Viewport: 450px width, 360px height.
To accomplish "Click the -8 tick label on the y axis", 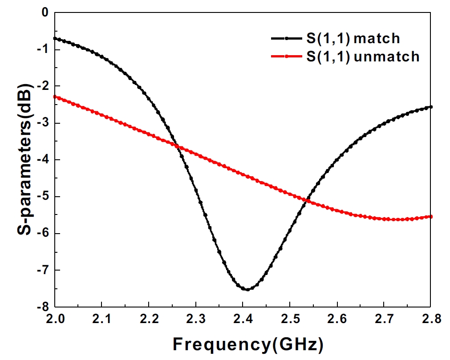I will [x=43, y=307].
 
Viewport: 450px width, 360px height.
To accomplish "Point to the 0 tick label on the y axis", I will [x=45, y=13].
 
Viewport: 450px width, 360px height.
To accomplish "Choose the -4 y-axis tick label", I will [x=43, y=160].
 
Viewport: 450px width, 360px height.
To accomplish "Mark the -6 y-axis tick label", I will [x=43, y=234].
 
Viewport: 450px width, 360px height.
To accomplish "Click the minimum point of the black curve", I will [x=247, y=289].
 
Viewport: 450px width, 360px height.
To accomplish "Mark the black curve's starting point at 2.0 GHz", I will [x=55, y=38].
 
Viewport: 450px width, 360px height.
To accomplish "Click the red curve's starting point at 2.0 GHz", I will [x=55, y=97].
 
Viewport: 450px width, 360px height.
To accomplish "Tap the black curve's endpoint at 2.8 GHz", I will [x=431, y=107].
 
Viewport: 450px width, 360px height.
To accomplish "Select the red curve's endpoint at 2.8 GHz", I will [x=431, y=217].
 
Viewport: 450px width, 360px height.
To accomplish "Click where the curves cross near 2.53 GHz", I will [x=306, y=200].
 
